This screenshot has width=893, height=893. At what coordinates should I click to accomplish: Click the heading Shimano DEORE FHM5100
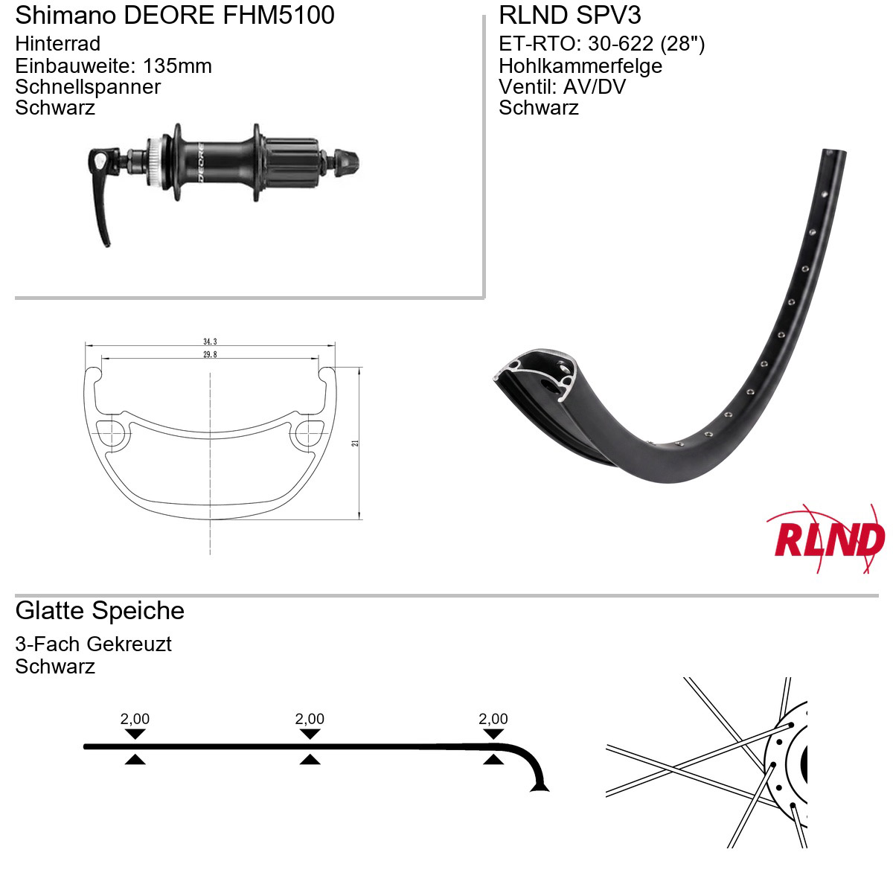coord(175,15)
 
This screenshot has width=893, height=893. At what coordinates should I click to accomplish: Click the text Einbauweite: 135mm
coord(114,65)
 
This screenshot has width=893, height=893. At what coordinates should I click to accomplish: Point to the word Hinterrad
coord(58,44)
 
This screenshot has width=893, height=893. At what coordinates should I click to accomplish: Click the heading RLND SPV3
coord(569,15)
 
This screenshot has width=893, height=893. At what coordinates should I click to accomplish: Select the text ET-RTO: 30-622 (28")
coord(601,44)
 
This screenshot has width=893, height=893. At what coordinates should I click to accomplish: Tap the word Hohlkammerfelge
coord(580,65)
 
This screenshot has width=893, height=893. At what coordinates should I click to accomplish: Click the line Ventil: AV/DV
coord(562,86)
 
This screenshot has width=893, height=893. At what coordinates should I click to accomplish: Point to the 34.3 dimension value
coord(210,342)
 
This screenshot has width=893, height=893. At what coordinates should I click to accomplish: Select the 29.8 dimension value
coord(210,354)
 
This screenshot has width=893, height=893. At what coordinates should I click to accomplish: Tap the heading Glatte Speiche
coord(100,611)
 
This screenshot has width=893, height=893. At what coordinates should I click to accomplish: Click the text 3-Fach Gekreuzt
coord(93,644)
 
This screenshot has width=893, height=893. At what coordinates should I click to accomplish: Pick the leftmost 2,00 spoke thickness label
coord(135,719)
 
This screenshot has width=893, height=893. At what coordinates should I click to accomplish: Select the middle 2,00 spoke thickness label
coord(310,719)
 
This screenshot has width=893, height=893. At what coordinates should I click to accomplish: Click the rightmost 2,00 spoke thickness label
coord(493,719)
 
